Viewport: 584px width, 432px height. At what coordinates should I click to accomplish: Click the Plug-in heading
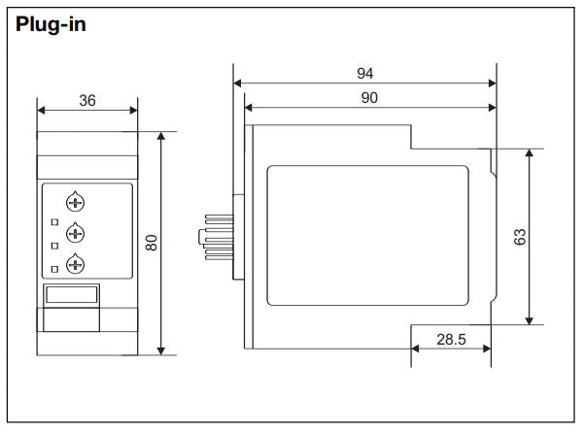click(52, 24)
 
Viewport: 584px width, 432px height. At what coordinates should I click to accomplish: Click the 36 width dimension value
click(86, 101)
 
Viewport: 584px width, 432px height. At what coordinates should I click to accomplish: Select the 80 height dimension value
click(152, 243)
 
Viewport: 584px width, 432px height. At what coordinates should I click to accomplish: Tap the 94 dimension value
click(364, 74)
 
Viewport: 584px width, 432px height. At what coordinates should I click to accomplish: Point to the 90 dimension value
click(369, 98)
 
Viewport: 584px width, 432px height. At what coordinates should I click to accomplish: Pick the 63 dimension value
click(520, 237)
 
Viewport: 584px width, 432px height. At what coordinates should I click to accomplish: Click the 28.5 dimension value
click(451, 340)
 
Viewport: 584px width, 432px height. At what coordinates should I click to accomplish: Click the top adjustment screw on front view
click(75, 202)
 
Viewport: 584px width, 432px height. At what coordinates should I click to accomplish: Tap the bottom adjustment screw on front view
click(75, 262)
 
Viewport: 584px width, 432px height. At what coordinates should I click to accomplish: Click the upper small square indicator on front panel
click(55, 223)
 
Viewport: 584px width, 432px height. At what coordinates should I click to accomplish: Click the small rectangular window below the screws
click(72, 295)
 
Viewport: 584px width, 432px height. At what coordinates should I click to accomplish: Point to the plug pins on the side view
click(216, 236)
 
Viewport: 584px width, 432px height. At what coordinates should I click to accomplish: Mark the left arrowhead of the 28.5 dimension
click(415, 351)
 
